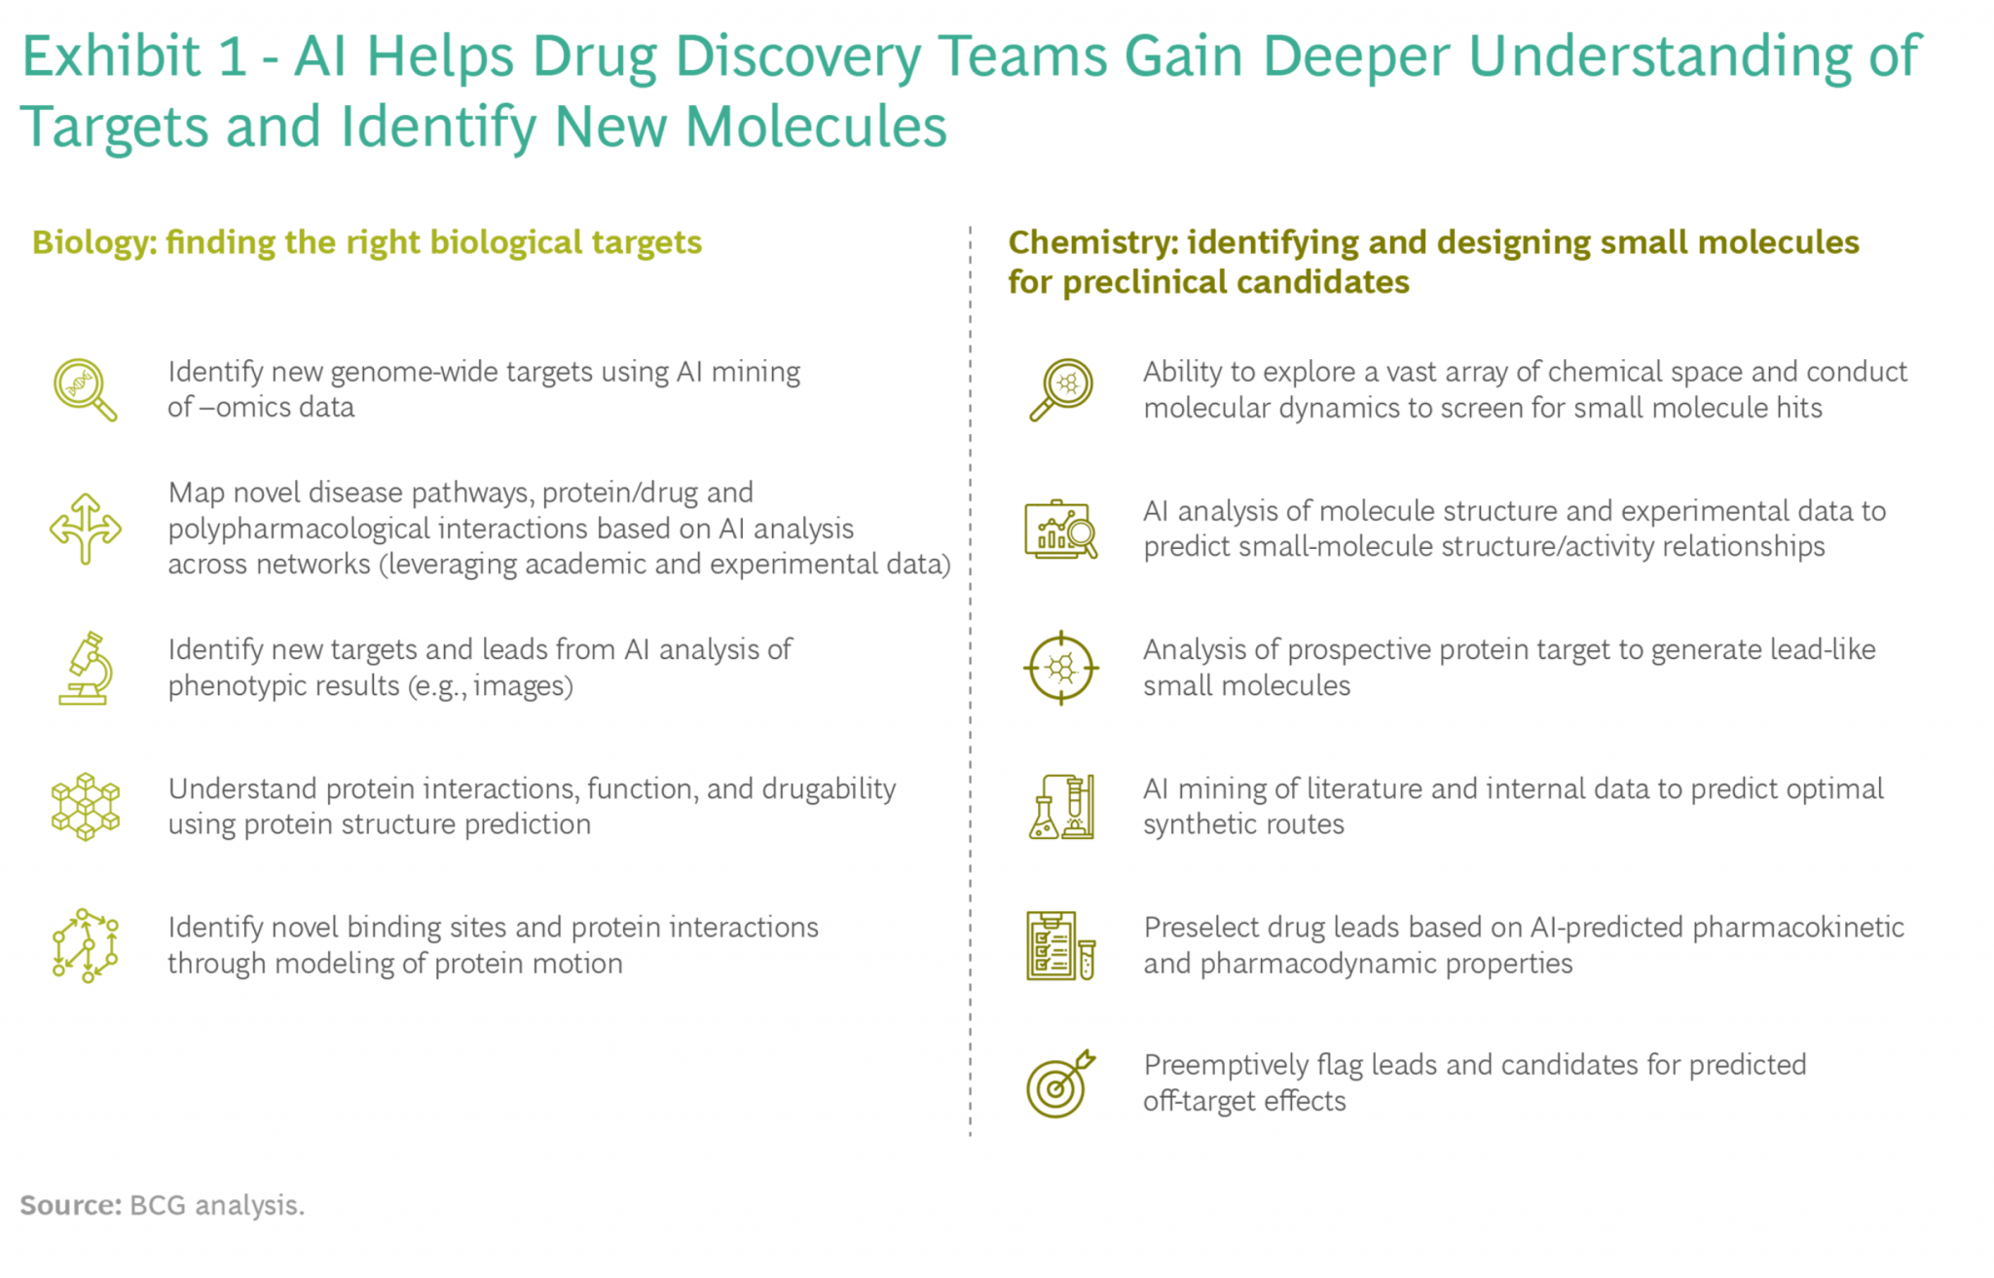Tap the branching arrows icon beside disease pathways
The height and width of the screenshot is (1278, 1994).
pos(86,529)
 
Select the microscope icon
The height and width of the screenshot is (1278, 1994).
pos(86,668)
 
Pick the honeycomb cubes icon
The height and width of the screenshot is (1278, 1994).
pos(86,807)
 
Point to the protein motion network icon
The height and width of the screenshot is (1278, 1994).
pos(86,945)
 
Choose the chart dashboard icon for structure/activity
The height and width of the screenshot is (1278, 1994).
pos(1061,529)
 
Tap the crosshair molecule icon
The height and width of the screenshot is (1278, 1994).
pos(1061,668)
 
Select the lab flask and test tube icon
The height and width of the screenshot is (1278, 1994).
pos(1061,807)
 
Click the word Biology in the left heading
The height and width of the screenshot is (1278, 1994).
pos(94,242)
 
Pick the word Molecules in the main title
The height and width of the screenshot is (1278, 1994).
pos(816,127)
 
